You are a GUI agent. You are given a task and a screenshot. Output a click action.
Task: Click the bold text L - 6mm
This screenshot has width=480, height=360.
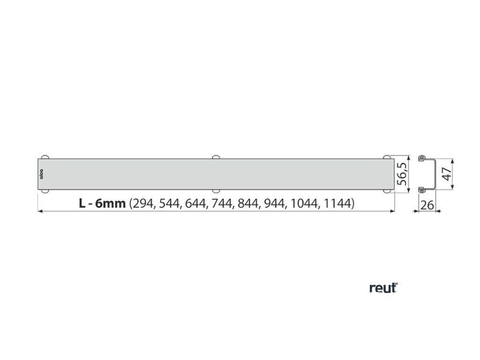[x=102, y=203]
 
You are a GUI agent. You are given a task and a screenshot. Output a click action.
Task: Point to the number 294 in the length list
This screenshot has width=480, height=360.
[x=142, y=203]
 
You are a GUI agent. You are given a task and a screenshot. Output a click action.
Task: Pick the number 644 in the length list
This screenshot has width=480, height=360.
[x=196, y=203]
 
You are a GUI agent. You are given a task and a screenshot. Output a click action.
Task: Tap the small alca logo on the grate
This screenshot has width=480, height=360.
[x=41, y=174]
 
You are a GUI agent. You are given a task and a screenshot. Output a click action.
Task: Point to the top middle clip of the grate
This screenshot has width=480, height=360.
[x=216, y=157]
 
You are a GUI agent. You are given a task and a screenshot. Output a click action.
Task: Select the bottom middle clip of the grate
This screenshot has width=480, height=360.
[x=216, y=190]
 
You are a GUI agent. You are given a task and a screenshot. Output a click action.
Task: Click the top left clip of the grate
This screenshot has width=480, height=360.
[x=45, y=157]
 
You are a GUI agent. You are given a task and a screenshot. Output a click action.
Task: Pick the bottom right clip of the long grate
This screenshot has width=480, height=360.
[x=388, y=190]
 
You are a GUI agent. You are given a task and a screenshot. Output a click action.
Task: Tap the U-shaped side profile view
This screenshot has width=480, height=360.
[x=427, y=174]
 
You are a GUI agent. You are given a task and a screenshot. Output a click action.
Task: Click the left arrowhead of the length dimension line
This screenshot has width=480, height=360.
[x=39, y=212]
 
